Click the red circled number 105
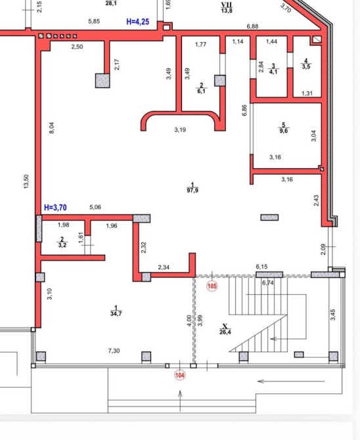tap(212, 286)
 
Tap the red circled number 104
tap(180, 375)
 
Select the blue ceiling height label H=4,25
tap(137, 22)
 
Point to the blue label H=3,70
tap(55, 208)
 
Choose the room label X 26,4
tap(225, 329)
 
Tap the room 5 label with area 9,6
tap(284, 128)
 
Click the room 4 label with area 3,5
tap(306, 64)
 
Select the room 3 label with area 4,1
tap(273, 69)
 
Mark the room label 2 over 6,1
tap(201, 88)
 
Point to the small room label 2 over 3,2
tap(62, 242)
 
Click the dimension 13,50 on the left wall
tap(26, 181)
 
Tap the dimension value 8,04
tap(52, 128)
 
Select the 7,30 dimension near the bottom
tap(114, 351)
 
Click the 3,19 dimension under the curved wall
tap(180, 129)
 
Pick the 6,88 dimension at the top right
tap(252, 26)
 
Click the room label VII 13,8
tap(227, 8)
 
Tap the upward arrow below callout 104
tap(180, 401)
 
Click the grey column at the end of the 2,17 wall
tap(102, 81)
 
